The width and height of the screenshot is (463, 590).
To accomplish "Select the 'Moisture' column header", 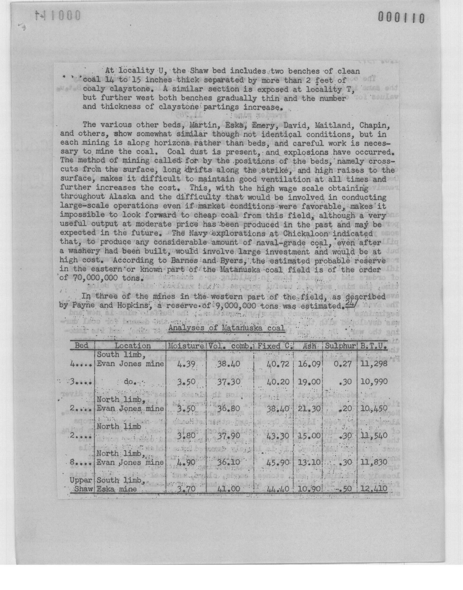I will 186,346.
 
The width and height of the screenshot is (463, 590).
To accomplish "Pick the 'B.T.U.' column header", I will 373,346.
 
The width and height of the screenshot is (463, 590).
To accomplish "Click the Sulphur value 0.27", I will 343,363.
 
